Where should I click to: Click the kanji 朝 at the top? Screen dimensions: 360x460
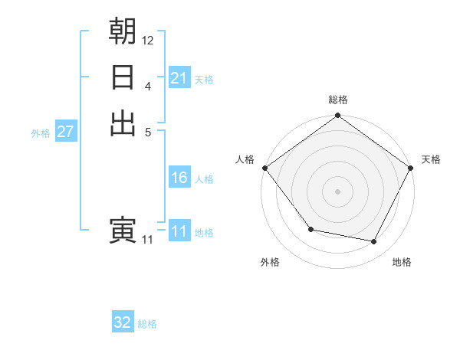coord(123,31)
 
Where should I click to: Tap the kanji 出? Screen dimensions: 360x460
coord(123,123)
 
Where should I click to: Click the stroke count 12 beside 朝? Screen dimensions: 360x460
coord(148,40)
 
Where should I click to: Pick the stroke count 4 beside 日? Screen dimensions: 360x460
coord(148,86)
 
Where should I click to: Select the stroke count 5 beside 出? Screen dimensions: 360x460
coord(148,132)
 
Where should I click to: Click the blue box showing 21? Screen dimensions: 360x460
coord(179,78)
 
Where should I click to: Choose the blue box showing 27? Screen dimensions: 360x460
coord(65,132)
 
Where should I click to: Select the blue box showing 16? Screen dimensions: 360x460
coord(179,178)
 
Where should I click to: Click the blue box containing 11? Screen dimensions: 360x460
coord(179,231)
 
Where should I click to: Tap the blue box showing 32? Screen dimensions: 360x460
coord(123,322)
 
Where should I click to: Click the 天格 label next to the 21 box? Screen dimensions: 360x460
coord(204,79)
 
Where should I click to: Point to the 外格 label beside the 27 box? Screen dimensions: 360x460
coord(41,133)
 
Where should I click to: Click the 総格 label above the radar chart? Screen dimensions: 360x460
coord(338,100)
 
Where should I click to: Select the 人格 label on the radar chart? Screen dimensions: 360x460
coord(245,159)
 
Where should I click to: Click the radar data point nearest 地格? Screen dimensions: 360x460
coord(374,242)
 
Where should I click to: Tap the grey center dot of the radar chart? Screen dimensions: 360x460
coord(338,191)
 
